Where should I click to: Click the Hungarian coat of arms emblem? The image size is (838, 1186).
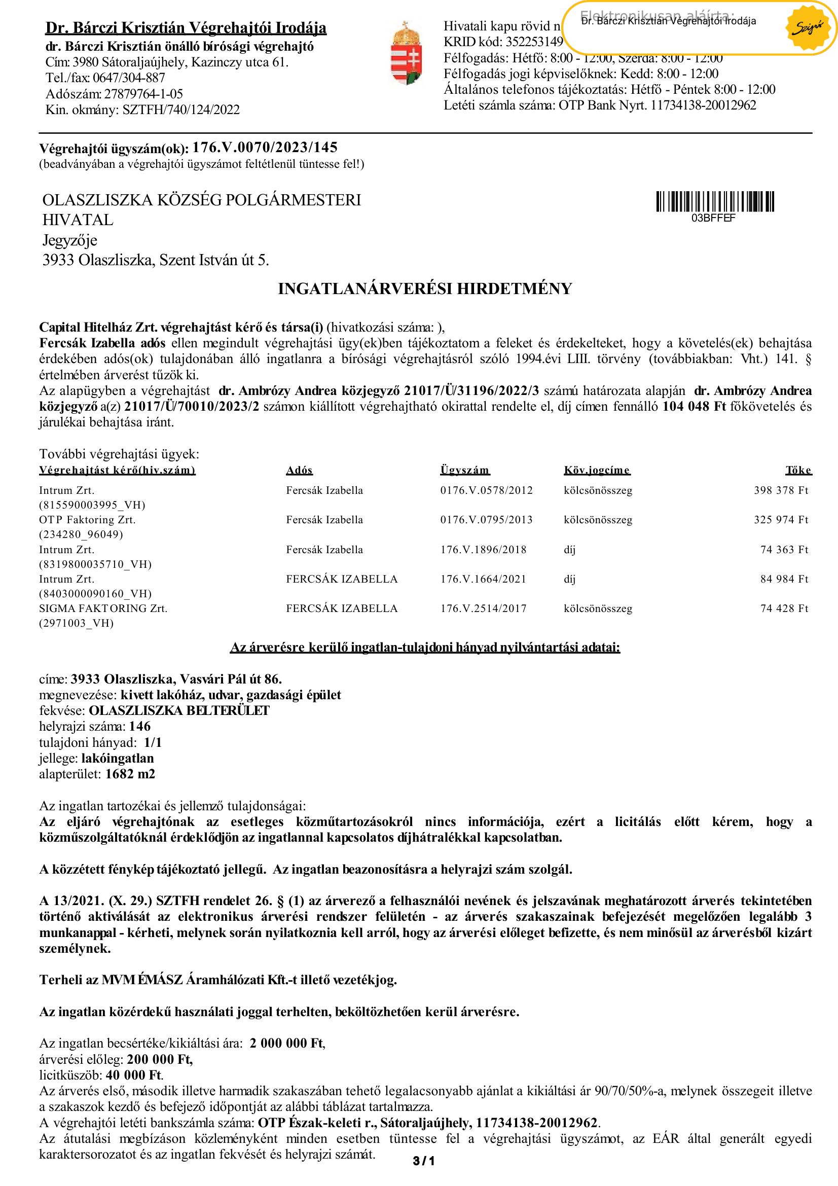pyautogui.click(x=406, y=53)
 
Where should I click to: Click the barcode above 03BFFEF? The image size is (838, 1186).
pyautogui.click(x=715, y=201)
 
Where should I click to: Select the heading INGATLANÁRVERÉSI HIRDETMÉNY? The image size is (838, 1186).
pyautogui.click(x=424, y=289)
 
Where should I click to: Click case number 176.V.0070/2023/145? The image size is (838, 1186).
pyautogui.click(x=264, y=148)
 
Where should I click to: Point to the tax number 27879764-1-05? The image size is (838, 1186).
pyautogui.click(x=143, y=94)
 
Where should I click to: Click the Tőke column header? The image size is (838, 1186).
pyautogui.click(x=798, y=470)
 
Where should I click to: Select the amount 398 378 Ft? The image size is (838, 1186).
pyautogui.click(x=780, y=490)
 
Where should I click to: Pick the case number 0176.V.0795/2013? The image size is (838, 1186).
pyautogui.click(x=486, y=520)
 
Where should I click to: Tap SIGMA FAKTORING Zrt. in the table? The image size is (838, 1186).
pyautogui.click(x=103, y=608)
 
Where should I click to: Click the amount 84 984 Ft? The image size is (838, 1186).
pyautogui.click(x=783, y=579)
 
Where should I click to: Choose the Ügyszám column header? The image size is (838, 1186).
pyautogui.click(x=465, y=470)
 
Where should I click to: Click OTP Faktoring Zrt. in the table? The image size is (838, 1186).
pyautogui.click(x=87, y=520)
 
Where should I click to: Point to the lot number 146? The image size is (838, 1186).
pyautogui.click(x=139, y=726)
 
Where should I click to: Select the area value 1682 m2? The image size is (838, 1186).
pyautogui.click(x=130, y=774)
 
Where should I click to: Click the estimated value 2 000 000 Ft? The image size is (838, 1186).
pyautogui.click(x=286, y=1043)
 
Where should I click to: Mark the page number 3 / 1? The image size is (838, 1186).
pyautogui.click(x=423, y=1161)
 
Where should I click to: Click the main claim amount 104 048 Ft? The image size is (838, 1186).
pyautogui.click(x=694, y=407)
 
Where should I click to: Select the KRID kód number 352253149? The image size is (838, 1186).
pyautogui.click(x=534, y=42)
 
